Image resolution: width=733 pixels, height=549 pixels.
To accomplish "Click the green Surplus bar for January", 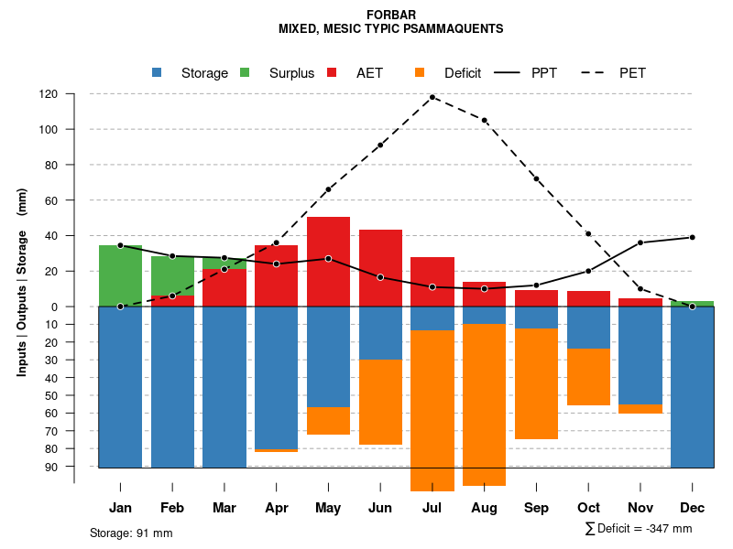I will [x=120, y=275].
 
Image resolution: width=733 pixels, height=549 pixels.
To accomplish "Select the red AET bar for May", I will [x=328, y=262].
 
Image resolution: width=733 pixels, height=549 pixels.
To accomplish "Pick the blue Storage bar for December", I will [x=692, y=387].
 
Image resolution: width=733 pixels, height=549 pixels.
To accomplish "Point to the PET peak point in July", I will [x=432, y=97].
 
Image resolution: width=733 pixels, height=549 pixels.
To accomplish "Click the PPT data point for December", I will [x=693, y=237].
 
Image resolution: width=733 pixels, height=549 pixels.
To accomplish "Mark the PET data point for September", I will [x=536, y=178].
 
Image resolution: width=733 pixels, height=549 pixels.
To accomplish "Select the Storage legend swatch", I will [x=157, y=73].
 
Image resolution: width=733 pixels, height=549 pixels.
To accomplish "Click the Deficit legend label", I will [x=463, y=73].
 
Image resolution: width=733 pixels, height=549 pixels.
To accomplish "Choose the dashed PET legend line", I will [x=597, y=73].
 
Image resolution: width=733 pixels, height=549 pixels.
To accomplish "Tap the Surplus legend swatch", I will [x=245, y=73].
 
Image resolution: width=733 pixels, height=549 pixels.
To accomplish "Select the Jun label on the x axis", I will [x=380, y=508].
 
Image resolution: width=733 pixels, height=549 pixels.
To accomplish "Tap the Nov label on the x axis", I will [x=640, y=508].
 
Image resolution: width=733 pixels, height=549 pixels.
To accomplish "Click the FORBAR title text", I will [x=390, y=15].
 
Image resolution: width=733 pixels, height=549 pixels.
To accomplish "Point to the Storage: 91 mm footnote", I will [x=131, y=533].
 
